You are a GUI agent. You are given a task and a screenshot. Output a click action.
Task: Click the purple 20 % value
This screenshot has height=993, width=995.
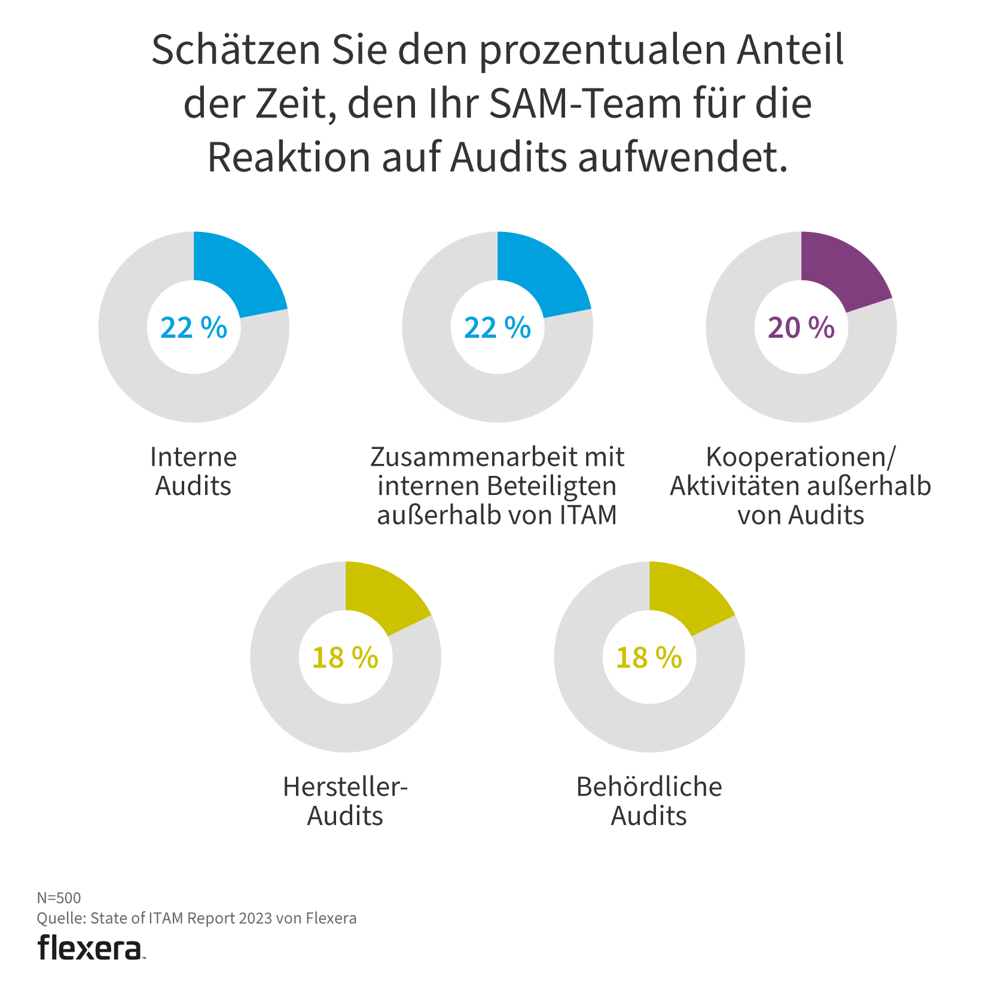pyautogui.click(x=801, y=328)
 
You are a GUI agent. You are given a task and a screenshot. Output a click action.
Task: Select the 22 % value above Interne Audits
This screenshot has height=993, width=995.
pyautogui.click(x=194, y=328)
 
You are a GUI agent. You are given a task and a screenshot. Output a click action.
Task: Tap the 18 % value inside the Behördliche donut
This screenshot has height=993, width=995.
pyautogui.click(x=649, y=658)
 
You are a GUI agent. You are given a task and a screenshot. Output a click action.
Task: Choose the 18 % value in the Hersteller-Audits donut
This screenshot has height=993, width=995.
pyautogui.click(x=345, y=658)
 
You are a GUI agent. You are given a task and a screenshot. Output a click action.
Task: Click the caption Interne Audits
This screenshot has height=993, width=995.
pyautogui.click(x=193, y=471)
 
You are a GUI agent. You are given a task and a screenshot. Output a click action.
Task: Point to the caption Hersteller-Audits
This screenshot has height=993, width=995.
pyautogui.click(x=345, y=801)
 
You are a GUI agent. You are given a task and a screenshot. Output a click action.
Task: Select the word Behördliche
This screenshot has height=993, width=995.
pyautogui.click(x=649, y=787)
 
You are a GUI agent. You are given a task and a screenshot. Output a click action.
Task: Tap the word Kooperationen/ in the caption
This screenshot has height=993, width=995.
pyautogui.click(x=801, y=457)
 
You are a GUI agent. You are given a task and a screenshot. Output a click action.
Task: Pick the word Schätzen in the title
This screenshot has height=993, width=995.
pyautogui.click(x=236, y=50)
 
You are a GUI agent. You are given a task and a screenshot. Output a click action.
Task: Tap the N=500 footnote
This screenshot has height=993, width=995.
pyautogui.click(x=59, y=897)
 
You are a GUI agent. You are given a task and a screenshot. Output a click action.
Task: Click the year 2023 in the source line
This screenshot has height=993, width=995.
pyautogui.click(x=255, y=918)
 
